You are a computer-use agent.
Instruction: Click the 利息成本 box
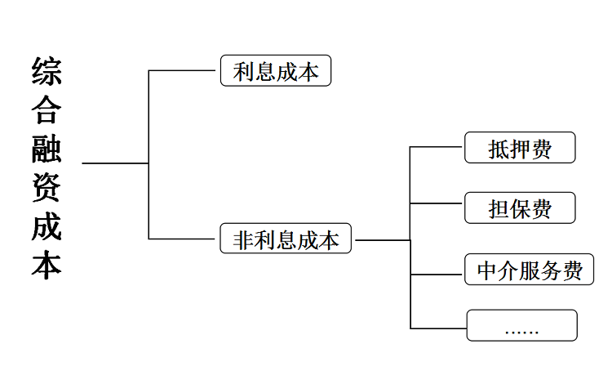(x=275, y=71)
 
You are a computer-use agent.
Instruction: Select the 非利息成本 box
(x=286, y=240)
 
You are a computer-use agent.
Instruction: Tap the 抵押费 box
(x=520, y=148)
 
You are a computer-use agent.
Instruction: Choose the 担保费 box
(x=520, y=208)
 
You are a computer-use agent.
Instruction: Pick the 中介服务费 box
(x=530, y=270)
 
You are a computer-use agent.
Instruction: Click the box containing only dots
(x=521, y=325)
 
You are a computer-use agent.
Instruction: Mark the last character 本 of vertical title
(x=47, y=266)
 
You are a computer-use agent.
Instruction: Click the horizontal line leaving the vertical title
(x=114, y=163)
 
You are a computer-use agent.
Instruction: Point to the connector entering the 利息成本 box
(x=184, y=71)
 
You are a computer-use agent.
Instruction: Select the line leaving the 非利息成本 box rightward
(x=382, y=240)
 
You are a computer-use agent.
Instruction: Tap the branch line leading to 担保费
(x=437, y=202)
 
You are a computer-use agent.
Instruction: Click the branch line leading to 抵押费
(x=437, y=147)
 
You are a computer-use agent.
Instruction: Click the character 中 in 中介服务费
(x=487, y=270)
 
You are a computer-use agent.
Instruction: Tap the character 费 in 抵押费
(x=541, y=148)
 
